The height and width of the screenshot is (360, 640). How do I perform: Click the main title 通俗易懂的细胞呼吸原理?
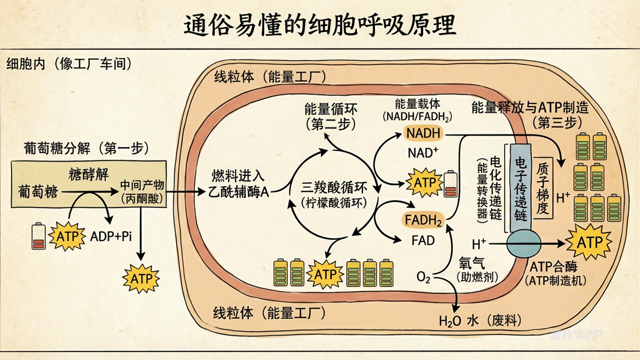(320, 26)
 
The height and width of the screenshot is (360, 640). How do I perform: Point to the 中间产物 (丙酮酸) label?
(141, 191)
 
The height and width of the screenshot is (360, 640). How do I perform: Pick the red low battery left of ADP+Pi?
(39, 236)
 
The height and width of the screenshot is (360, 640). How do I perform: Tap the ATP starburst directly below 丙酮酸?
(141, 278)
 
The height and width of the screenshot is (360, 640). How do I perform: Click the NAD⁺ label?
(422, 153)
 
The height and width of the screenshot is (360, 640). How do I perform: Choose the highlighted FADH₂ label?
(423, 219)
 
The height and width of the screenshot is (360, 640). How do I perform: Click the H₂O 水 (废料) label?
(479, 321)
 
